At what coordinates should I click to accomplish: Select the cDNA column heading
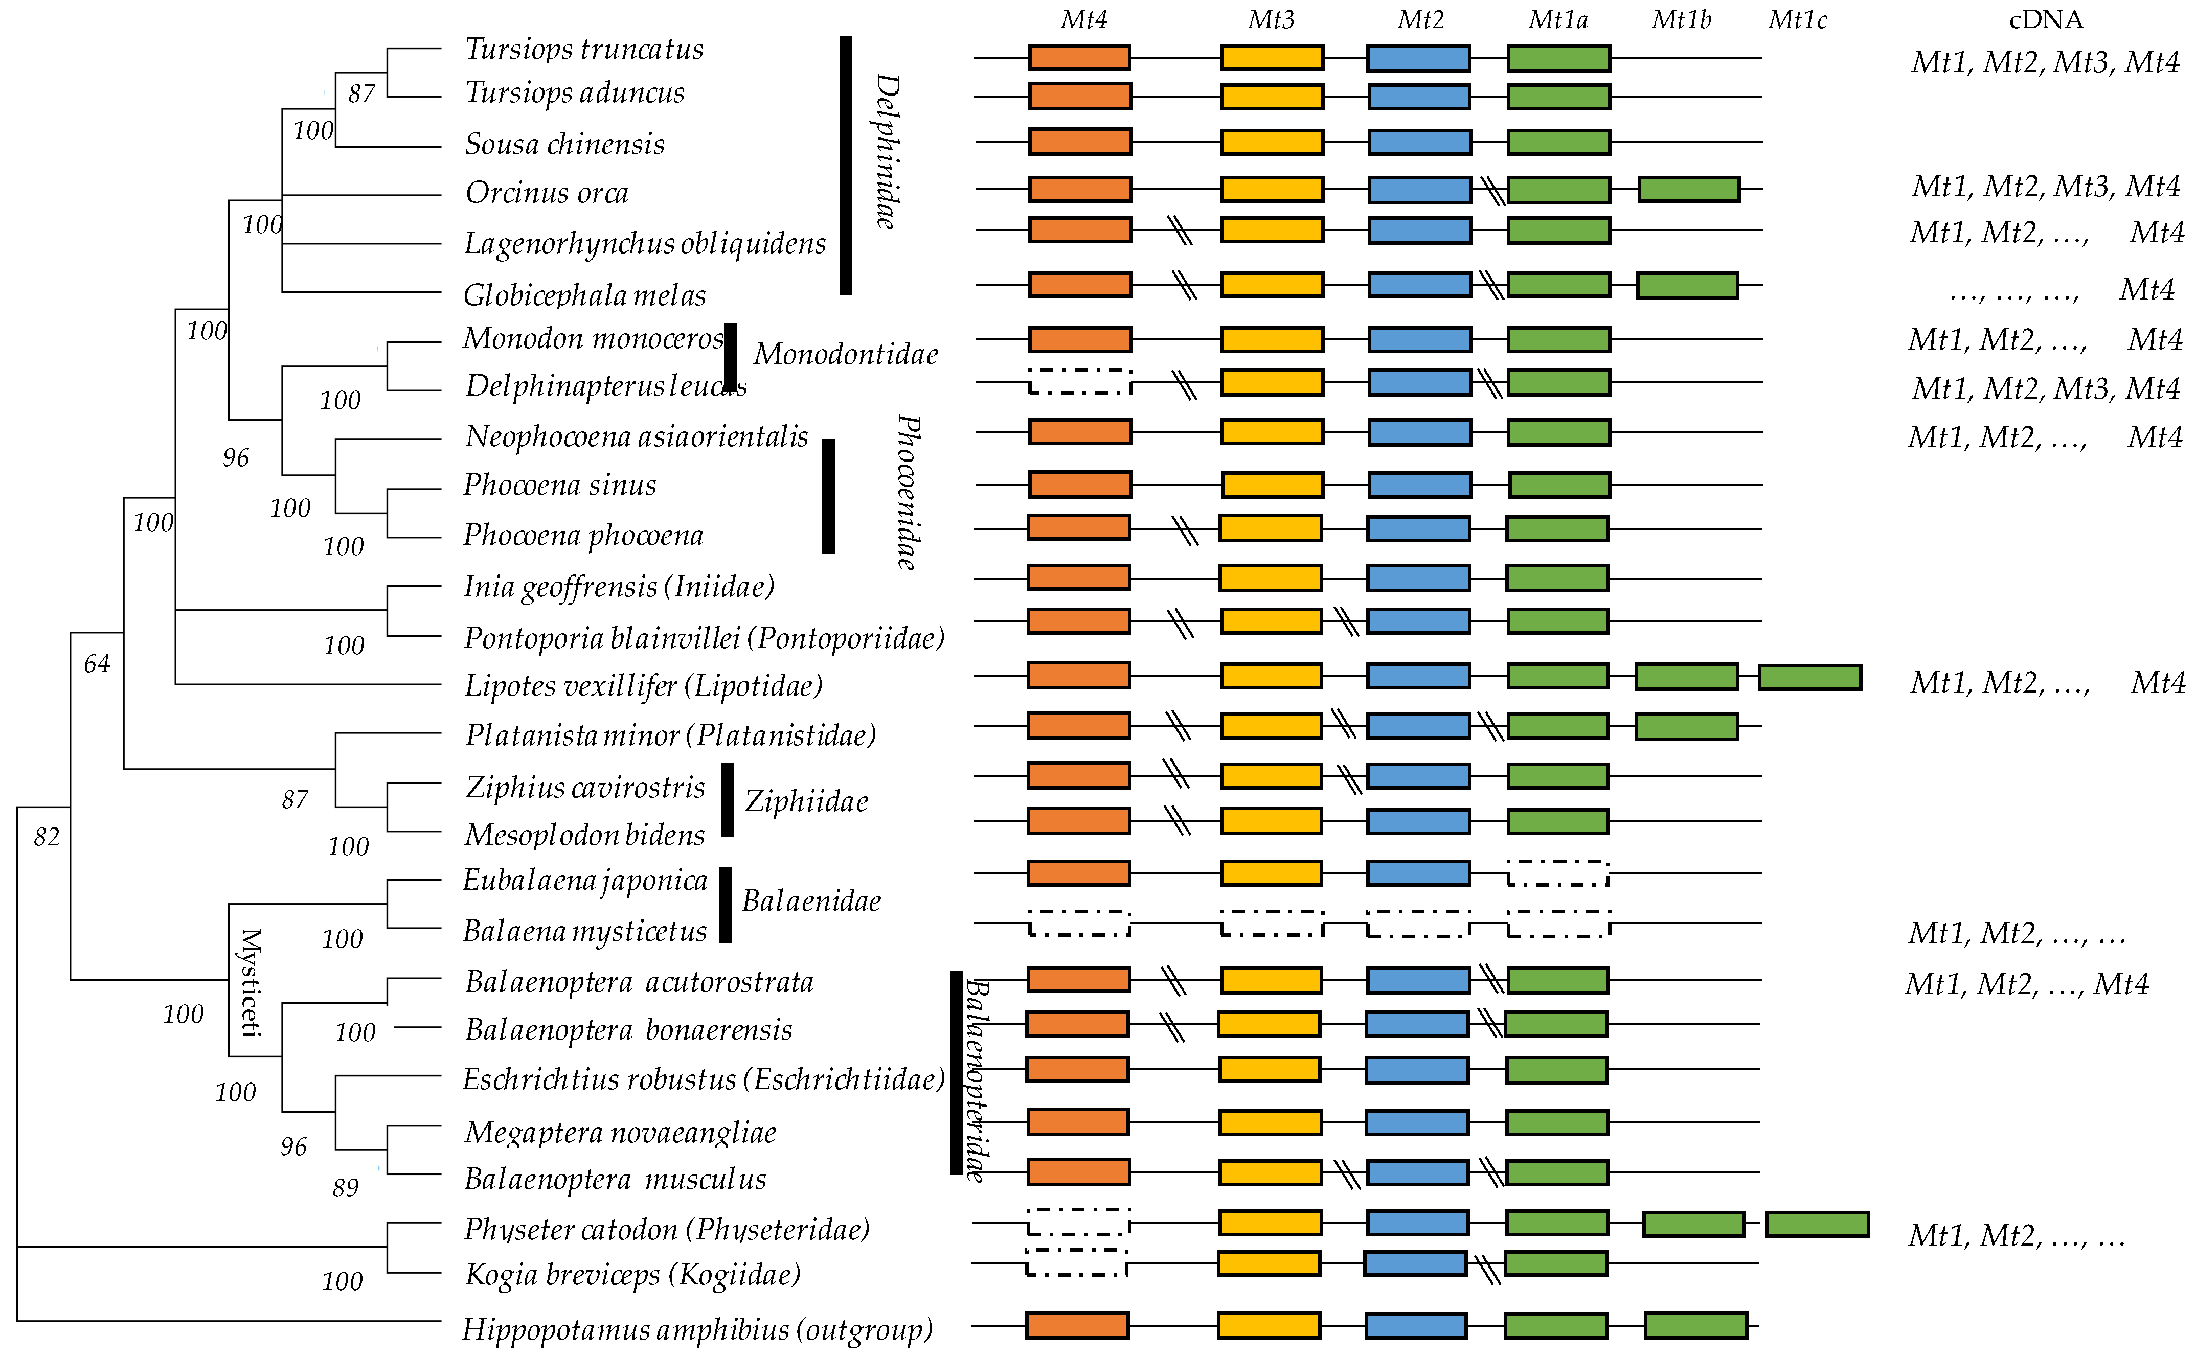[2045, 20]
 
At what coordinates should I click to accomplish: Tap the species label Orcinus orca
[547, 192]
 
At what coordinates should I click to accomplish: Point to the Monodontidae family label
[845, 354]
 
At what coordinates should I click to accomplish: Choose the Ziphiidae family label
[806, 801]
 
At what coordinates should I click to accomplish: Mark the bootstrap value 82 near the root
[47, 838]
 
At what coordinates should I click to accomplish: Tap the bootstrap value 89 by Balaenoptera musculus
[345, 1188]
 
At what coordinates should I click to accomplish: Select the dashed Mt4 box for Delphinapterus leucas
[1079, 382]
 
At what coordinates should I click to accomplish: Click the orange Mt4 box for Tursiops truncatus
[1079, 58]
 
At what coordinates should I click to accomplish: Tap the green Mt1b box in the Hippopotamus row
[1695, 1325]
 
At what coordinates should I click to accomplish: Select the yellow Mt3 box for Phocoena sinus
[1272, 486]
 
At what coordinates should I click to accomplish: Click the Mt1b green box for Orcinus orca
[1688, 190]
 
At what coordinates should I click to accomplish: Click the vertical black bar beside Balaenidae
[726, 905]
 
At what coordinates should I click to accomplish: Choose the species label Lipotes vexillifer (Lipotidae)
[643, 686]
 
